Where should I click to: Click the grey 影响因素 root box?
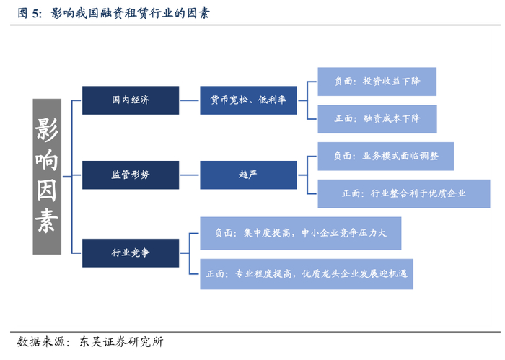click(47, 176)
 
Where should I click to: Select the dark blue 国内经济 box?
click(131, 100)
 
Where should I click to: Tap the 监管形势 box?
click(131, 175)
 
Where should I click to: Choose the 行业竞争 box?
click(131, 253)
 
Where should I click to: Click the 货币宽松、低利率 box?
click(248, 100)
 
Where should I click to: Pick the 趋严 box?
click(248, 175)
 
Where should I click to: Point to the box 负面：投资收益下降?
click(377, 82)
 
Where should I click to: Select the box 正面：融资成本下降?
click(377, 118)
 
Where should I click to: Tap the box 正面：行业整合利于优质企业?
click(403, 193)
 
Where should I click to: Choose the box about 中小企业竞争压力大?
click(300, 233)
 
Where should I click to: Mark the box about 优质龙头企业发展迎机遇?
click(307, 273)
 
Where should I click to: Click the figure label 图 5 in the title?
click(29, 13)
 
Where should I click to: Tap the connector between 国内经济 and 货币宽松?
click(189, 100)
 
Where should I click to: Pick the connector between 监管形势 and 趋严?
click(189, 175)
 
